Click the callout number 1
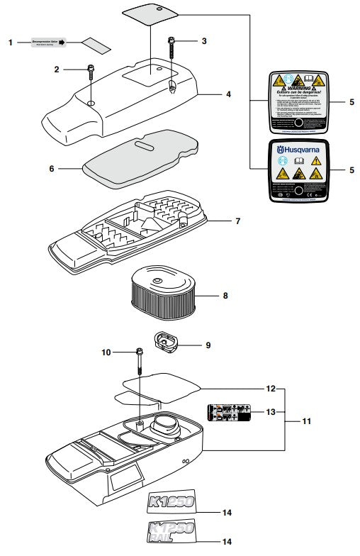pos(11,43)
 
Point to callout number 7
pos(237,221)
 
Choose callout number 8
pos(225,295)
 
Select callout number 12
pos(271,389)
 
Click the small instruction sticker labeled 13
pos(228,412)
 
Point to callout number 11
pos(306,421)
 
